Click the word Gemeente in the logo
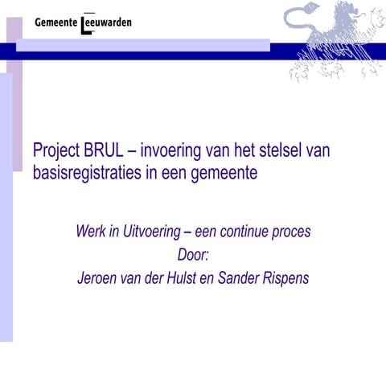point(56,22)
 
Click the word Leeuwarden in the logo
point(107,22)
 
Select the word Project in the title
point(59,152)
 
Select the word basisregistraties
point(88,173)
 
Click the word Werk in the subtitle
point(92,232)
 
